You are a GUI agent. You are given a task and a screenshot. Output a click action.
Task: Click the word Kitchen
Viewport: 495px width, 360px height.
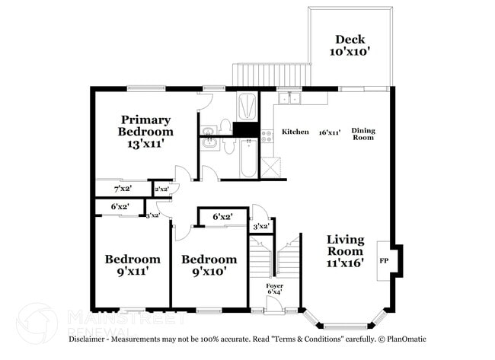coord(295,132)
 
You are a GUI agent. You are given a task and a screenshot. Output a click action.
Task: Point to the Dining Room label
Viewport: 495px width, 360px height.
coord(362,135)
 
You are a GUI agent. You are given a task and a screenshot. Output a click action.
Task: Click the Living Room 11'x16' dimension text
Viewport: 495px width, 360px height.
coord(346,262)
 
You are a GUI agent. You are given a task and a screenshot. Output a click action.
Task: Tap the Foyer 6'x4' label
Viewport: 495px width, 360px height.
coord(274,289)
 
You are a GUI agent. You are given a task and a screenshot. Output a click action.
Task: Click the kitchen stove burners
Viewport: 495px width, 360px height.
coord(267,136)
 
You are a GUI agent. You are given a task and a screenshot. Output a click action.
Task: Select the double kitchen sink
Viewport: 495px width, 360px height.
coord(289,98)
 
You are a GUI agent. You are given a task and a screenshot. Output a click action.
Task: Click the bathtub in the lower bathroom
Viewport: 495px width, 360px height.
coord(248,158)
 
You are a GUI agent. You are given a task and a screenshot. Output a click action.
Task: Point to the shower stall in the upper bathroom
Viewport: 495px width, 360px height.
coord(247,106)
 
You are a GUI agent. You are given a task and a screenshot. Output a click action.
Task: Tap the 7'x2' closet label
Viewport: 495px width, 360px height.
coord(122,188)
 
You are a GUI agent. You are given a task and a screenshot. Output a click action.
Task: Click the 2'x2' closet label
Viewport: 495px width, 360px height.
coord(161,189)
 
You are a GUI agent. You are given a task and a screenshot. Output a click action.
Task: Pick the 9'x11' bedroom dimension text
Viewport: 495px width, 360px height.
coord(133,270)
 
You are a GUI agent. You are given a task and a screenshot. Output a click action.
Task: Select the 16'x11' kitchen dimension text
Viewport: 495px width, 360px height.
coord(329,132)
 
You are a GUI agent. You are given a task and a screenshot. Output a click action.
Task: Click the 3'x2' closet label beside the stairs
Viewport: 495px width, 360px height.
coord(260,226)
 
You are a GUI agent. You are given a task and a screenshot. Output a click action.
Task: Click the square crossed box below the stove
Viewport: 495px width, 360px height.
coord(270,167)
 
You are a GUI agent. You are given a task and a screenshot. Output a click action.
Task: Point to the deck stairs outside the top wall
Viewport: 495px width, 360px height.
coord(271,75)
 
